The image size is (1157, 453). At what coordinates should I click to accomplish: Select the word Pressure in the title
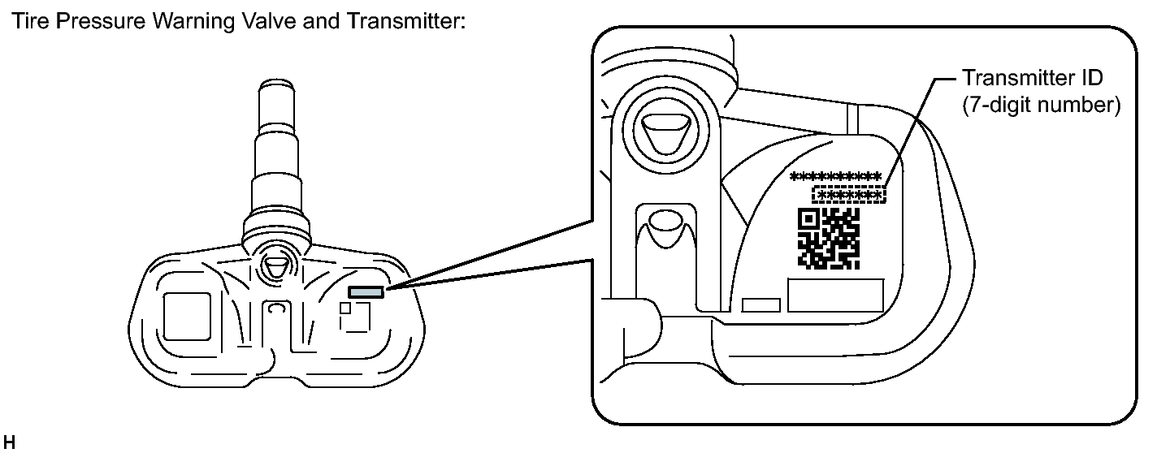[x=89, y=22]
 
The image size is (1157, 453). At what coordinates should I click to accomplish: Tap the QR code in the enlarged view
[x=829, y=238]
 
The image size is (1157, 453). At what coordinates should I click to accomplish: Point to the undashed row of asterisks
[x=836, y=176]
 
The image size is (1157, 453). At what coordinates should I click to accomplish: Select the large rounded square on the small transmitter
[x=187, y=317]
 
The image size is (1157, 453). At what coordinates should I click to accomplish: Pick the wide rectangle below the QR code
[x=835, y=296]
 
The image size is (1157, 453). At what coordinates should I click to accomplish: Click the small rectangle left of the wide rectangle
[x=761, y=305]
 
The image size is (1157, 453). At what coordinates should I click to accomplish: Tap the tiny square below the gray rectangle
[x=345, y=308]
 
